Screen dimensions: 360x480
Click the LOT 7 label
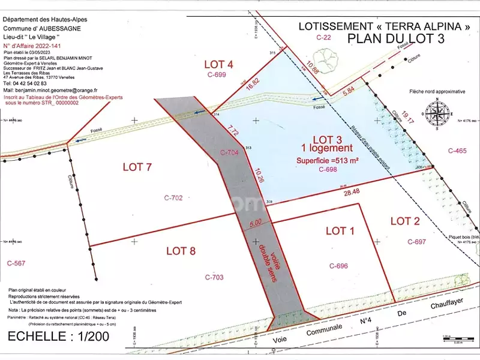coord(137,167)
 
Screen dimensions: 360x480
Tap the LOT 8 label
coord(181,251)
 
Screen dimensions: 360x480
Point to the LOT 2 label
coord(405,221)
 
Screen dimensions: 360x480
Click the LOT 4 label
coord(218,64)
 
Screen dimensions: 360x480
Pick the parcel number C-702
coord(173,197)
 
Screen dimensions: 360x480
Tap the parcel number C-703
coord(214,277)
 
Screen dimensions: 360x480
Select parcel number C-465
coord(457,151)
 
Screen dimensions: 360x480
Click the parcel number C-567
coord(17,263)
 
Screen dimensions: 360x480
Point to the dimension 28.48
coord(352,191)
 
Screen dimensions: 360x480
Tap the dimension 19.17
coord(407,115)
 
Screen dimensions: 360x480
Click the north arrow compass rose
coord(438,112)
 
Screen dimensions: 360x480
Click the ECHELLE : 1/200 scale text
coord(59,337)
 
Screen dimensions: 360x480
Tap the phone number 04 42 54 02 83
coord(25,83)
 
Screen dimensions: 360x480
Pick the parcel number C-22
coord(324,37)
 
